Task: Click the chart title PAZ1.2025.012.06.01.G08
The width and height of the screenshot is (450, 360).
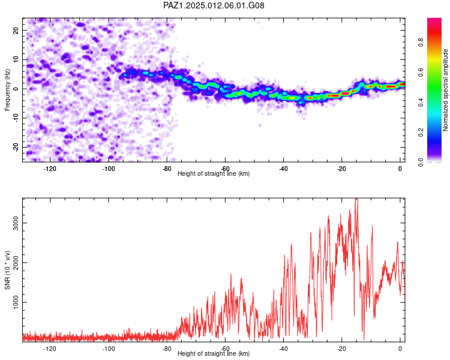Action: click(214, 5)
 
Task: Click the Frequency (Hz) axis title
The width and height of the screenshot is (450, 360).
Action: click(7, 90)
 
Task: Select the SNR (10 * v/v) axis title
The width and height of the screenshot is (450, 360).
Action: click(7, 270)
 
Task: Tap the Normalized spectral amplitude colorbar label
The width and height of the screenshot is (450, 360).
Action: click(445, 90)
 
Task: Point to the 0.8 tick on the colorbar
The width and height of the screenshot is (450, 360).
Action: click(421, 43)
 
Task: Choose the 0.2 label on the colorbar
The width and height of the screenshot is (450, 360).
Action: click(421, 133)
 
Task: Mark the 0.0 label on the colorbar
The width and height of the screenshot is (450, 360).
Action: click(421, 162)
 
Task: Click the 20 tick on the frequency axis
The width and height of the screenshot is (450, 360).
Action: click(16, 30)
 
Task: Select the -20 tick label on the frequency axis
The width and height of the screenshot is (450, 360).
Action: click(16, 147)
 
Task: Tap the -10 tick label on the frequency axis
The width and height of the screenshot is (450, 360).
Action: click(16, 118)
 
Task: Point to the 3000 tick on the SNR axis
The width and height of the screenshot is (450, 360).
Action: click(16, 223)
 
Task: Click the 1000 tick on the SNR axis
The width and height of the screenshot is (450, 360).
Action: click(16, 302)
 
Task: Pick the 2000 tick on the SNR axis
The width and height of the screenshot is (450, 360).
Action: click(16, 263)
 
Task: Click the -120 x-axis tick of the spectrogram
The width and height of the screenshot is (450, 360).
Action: click(50, 169)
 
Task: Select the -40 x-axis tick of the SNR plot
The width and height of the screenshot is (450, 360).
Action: click(283, 349)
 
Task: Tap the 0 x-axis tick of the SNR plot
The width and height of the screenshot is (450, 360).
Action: click(400, 349)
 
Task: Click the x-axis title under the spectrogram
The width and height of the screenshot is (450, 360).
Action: click(214, 173)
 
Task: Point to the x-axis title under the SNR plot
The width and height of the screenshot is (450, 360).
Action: click(214, 353)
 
